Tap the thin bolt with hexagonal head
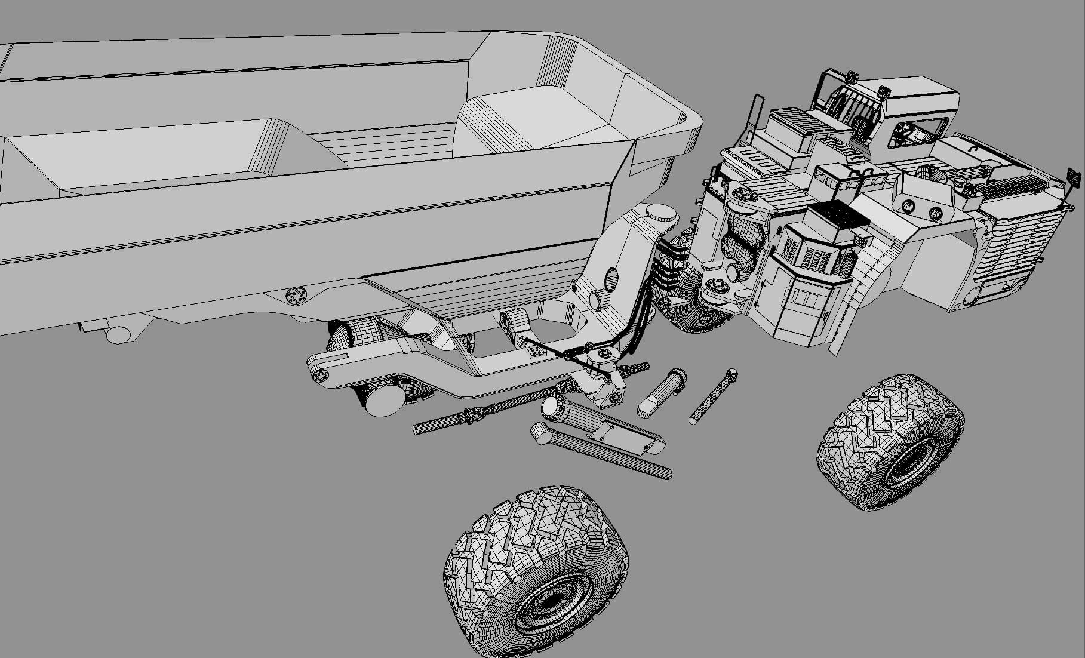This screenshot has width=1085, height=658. pyautogui.click(x=712, y=396)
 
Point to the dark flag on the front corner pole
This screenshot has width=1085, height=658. pyautogui.click(x=1074, y=177)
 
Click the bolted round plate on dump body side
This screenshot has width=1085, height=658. pyautogui.click(x=295, y=295)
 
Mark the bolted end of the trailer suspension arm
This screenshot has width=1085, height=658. pyautogui.click(x=318, y=374)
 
